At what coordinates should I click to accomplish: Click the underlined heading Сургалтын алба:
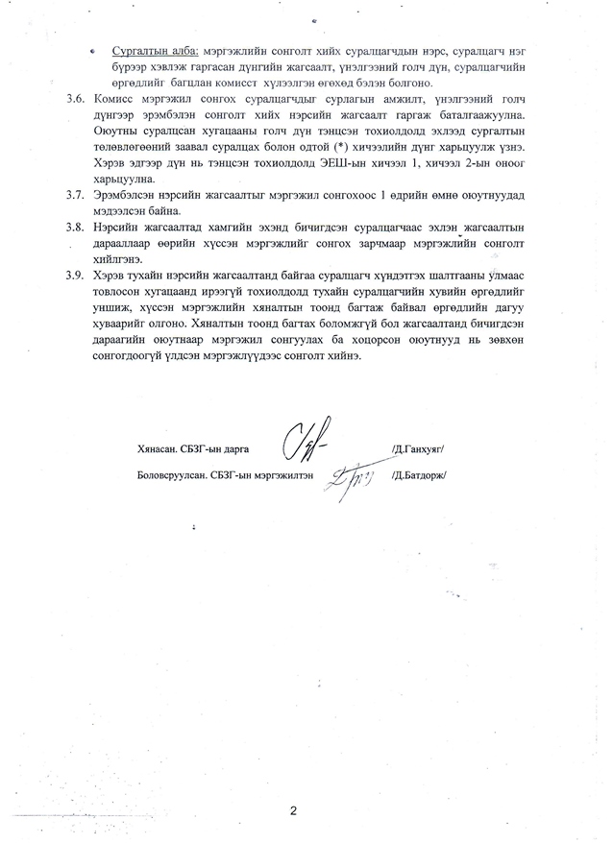click(153, 49)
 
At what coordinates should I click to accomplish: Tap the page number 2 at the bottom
click(294, 811)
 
